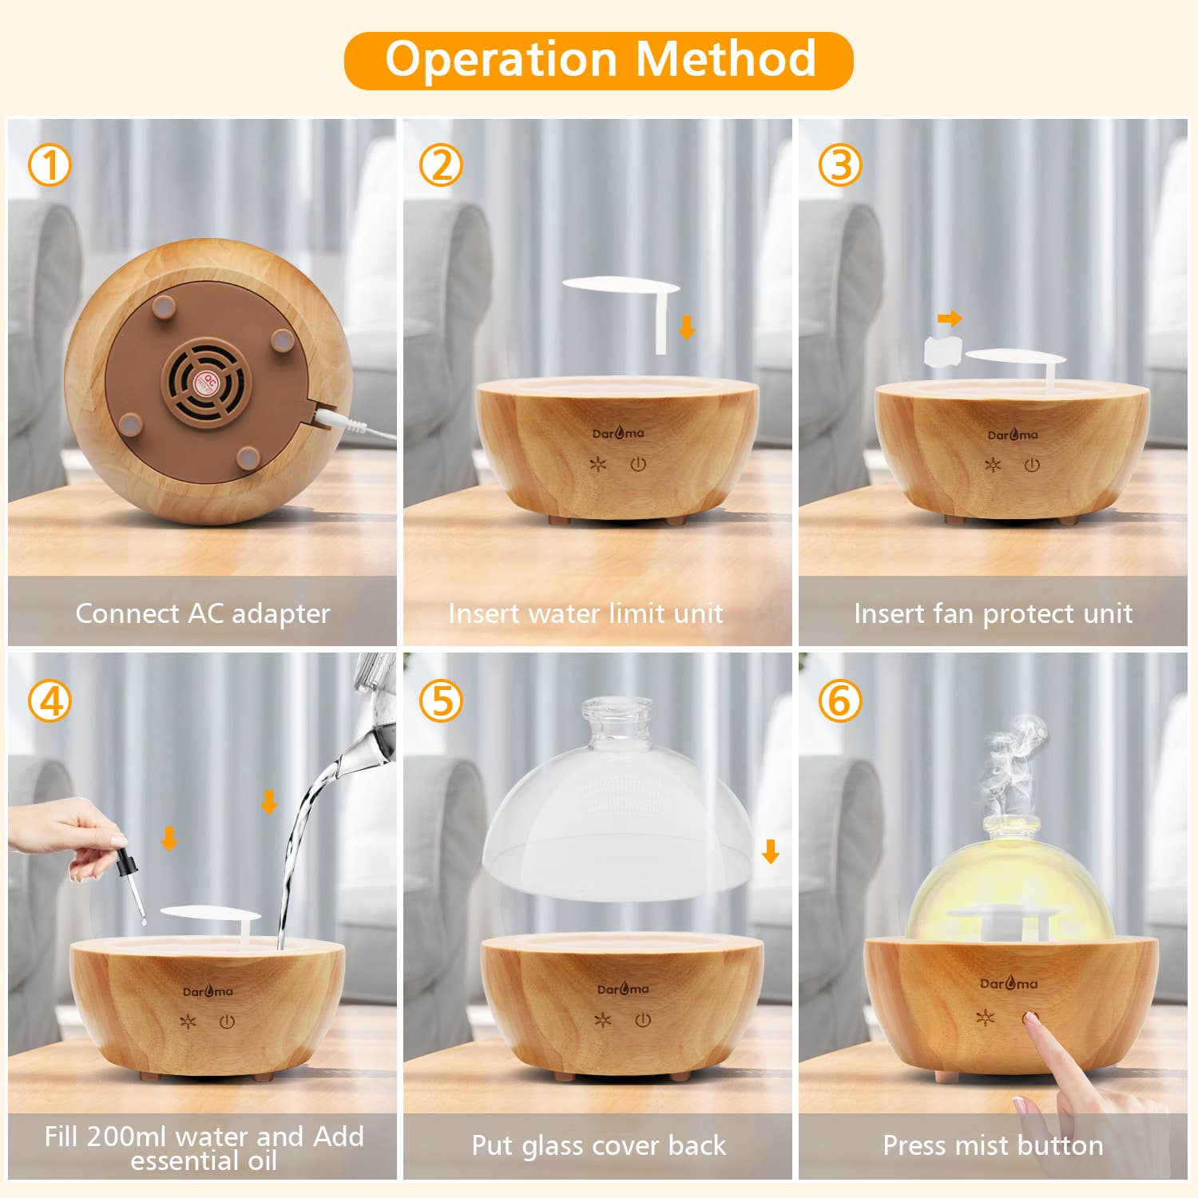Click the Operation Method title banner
pos(599,61)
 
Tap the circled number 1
pos(50,166)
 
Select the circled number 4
pos(50,701)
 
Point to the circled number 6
pos(840,701)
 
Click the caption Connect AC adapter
pos(202,613)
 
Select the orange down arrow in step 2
pos(687,327)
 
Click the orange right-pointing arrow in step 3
pos(950,319)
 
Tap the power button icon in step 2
pos(638,464)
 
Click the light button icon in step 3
pos(993,465)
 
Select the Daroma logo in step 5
pos(623,990)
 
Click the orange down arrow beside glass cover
pos(771,852)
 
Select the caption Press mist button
pos(993,1145)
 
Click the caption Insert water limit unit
pos(585,613)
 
